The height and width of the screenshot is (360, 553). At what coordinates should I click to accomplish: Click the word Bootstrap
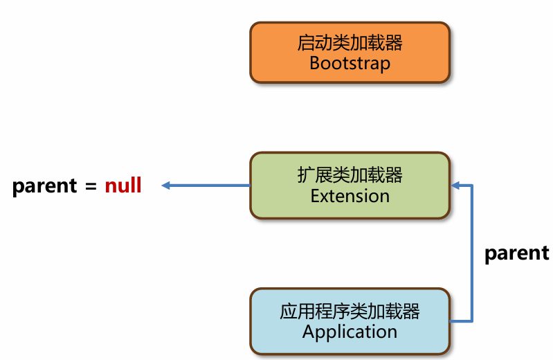(x=350, y=64)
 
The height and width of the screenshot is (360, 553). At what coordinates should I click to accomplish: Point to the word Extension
(x=350, y=196)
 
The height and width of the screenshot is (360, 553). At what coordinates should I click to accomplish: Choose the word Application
(x=350, y=332)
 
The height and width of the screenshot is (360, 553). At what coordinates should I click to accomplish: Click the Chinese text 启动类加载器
(x=350, y=44)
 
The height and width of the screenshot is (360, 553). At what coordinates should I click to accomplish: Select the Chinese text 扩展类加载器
(x=350, y=176)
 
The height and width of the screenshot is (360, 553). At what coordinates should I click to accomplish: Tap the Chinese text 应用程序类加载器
(x=350, y=312)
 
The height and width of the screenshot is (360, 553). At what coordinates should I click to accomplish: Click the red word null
(x=123, y=186)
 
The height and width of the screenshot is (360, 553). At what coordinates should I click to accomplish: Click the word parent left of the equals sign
(x=44, y=186)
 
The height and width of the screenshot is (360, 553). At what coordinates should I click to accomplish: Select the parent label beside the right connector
(x=516, y=253)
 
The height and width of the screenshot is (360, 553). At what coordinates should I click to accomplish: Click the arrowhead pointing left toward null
(x=165, y=186)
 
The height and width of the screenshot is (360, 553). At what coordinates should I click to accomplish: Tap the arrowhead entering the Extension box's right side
(x=455, y=186)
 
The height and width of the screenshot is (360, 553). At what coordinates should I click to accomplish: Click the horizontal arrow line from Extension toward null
(x=208, y=186)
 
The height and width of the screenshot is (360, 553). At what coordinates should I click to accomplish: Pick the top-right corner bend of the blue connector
(x=471, y=186)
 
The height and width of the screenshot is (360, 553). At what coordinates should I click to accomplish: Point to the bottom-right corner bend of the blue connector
(x=471, y=321)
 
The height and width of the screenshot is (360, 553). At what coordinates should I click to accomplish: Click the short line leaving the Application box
(x=460, y=321)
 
